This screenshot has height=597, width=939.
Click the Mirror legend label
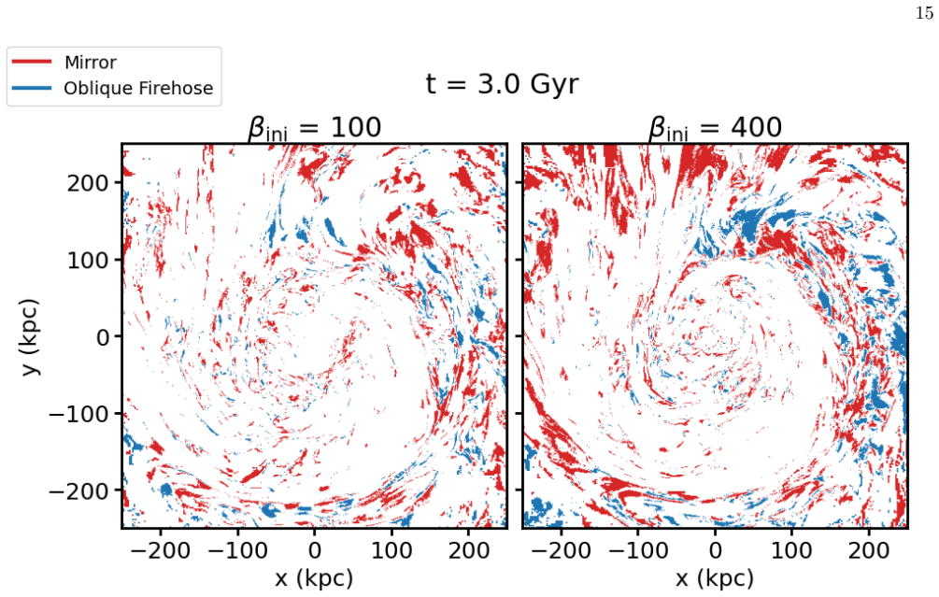coord(91,63)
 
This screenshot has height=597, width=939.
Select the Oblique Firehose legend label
coord(138,88)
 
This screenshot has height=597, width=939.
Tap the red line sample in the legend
coord(32,62)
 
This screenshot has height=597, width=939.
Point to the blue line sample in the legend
coord(32,88)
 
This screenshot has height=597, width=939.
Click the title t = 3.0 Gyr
coord(502,84)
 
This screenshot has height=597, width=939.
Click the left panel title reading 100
coord(314,128)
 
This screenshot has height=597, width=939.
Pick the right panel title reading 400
coord(715,128)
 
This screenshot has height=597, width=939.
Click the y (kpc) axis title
coord(31,336)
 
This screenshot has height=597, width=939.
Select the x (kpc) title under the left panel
coord(314,577)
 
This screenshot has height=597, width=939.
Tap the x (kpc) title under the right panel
coord(715,577)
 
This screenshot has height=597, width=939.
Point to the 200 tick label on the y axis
coord(88,182)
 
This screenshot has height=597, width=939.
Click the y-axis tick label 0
coord(103,337)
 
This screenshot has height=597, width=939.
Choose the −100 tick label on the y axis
coord(79,414)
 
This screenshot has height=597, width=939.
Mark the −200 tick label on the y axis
coord(79,491)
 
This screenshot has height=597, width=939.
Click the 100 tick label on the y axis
coord(88,260)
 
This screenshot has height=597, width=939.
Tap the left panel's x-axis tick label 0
coord(315,549)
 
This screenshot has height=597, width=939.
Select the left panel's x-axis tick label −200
coord(160,549)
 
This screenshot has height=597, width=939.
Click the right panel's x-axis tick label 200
coord(869,549)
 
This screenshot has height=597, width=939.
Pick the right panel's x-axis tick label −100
coord(638,549)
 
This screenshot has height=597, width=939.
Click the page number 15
coord(924,12)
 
